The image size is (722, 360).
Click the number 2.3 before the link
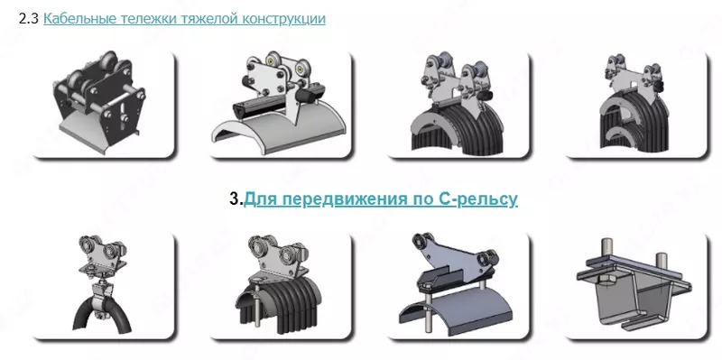(29, 19)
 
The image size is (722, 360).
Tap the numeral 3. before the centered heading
(236, 199)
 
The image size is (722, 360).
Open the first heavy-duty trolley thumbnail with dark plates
(104, 105)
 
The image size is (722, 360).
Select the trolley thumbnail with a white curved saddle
(281, 105)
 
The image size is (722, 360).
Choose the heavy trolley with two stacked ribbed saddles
(636, 105)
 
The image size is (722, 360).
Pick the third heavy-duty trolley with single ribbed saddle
(458, 105)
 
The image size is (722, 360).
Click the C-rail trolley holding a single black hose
(104, 286)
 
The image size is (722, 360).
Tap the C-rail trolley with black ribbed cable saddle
(281, 286)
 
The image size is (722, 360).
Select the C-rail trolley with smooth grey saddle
(458, 286)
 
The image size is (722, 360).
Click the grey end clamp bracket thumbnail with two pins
(636, 286)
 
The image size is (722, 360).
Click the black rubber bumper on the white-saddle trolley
(305, 97)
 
